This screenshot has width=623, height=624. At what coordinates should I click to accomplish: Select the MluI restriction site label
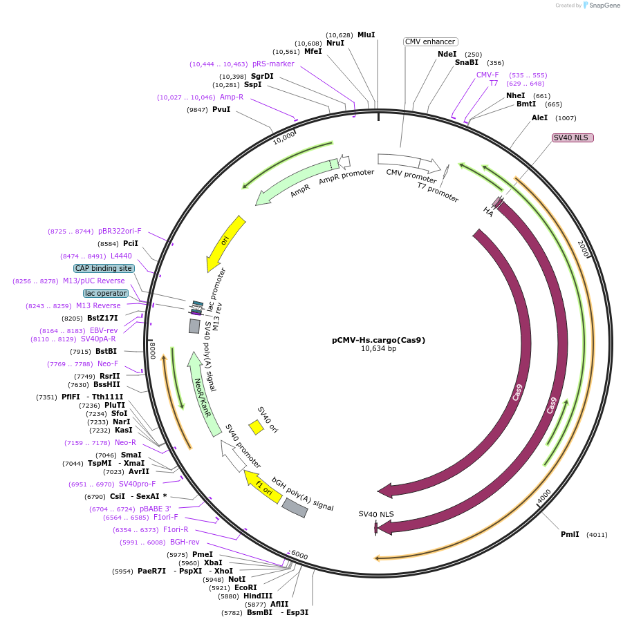click(x=366, y=35)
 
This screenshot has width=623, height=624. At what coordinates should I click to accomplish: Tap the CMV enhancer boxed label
click(x=430, y=41)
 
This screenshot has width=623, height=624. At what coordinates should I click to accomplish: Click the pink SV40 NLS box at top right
click(x=573, y=138)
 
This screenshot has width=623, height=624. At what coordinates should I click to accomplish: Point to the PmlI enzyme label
click(x=571, y=534)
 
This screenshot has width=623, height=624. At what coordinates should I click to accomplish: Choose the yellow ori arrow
click(x=225, y=243)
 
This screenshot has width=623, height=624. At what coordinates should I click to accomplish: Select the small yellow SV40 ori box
click(x=256, y=427)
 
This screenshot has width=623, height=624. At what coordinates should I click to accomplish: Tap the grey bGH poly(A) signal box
click(x=295, y=507)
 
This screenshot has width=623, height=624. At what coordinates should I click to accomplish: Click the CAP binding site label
click(x=104, y=268)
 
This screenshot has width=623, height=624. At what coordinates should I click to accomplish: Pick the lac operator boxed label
click(x=106, y=293)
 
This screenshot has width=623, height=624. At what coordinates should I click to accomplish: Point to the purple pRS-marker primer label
click(x=273, y=64)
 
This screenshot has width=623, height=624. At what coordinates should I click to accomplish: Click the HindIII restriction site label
click(x=258, y=596)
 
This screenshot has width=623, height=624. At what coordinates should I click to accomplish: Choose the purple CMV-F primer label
click(x=487, y=75)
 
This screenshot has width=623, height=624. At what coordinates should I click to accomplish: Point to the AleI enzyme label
click(x=539, y=117)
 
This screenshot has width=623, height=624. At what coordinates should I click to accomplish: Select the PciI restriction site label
click(x=131, y=243)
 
